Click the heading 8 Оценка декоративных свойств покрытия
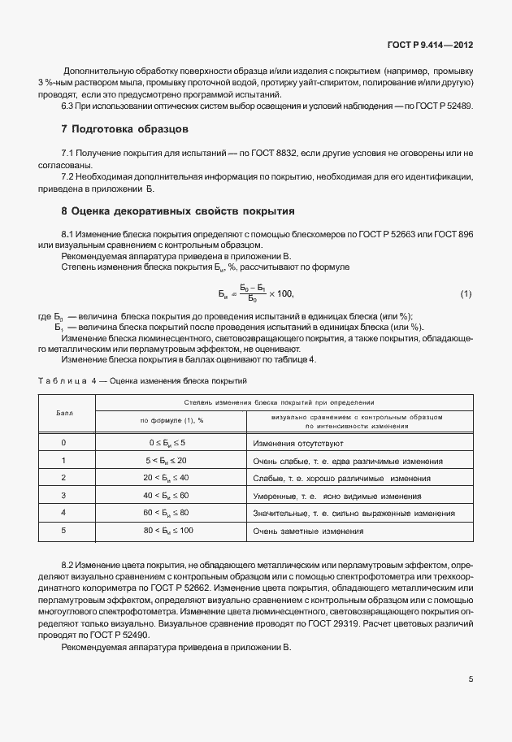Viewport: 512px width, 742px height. pos(178,210)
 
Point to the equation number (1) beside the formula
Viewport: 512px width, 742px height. pos(466,293)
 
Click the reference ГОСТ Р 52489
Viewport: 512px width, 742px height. pos(446,106)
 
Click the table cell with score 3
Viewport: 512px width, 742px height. pos(64,495)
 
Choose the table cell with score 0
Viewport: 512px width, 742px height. pos(64,443)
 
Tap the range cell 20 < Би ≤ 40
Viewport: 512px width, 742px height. pos(167,478)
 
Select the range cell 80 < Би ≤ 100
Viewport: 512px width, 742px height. pos(167,530)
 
